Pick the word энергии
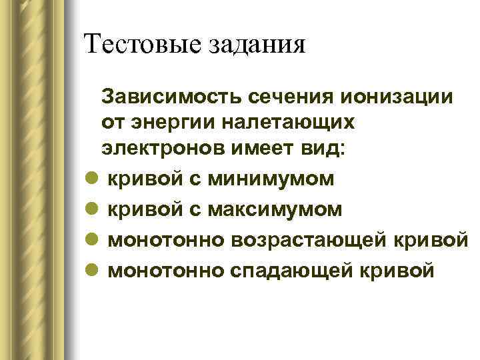click(174, 123)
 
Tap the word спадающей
click(304, 271)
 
